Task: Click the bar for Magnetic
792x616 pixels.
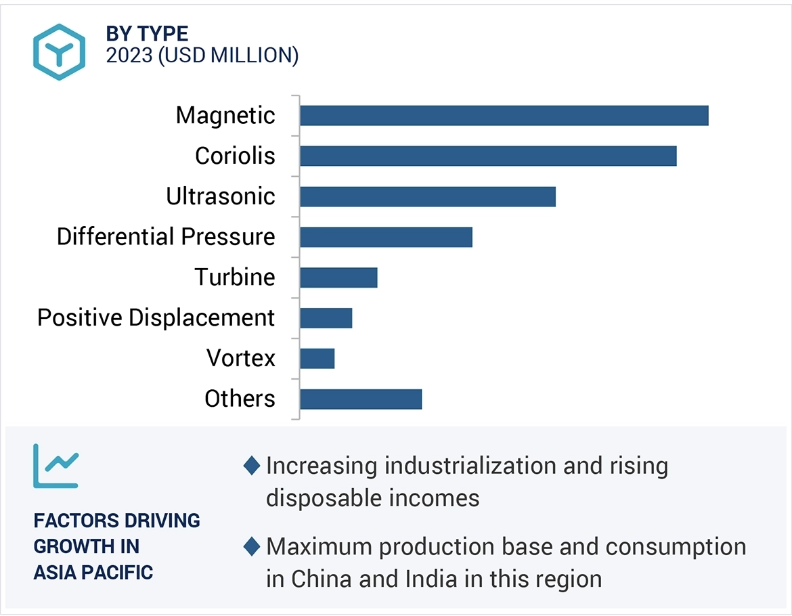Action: [x=504, y=116]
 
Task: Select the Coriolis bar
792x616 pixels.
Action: [x=488, y=156]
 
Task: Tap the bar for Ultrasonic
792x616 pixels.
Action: [x=427, y=196]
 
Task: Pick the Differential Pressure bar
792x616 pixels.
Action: [x=386, y=237]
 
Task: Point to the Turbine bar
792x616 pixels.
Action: [x=338, y=278]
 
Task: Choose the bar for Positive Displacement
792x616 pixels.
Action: [x=326, y=318]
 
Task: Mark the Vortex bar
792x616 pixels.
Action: [x=317, y=359]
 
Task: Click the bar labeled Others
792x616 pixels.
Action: [x=361, y=399]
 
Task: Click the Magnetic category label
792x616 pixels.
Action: [x=225, y=116]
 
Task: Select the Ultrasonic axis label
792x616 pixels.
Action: [x=221, y=196]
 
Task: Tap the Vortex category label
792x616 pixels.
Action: [x=241, y=359]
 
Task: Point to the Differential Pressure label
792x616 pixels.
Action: [x=166, y=237]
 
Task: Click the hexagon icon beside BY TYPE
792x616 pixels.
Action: [x=60, y=52]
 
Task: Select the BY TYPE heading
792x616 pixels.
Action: [x=147, y=34]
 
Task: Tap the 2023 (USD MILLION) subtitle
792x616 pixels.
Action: [x=202, y=56]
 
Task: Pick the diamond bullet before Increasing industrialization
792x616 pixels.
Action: [x=252, y=466]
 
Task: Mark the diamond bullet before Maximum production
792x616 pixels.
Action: [x=252, y=546]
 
